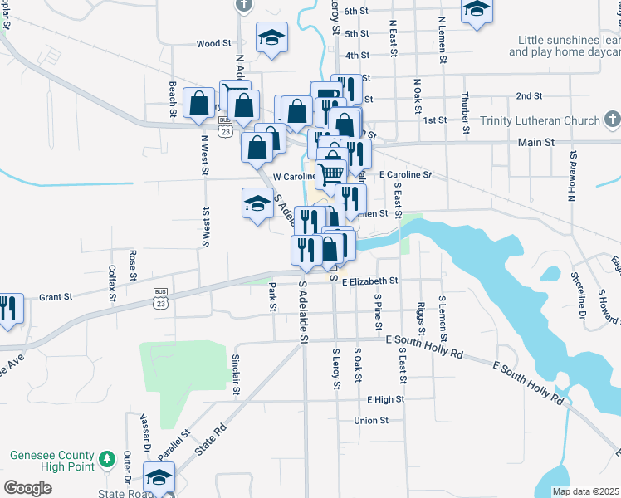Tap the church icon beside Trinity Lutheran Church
click(x=612, y=121)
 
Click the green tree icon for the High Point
click(x=107, y=458)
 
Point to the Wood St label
click(x=213, y=43)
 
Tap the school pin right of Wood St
click(x=271, y=38)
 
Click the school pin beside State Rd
click(x=159, y=477)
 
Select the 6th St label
click(x=356, y=11)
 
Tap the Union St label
click(x=371, y=421)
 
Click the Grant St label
click(x=56, y=296)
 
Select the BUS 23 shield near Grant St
click(x=161, y=298)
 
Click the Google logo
click(x=27, y=487)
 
